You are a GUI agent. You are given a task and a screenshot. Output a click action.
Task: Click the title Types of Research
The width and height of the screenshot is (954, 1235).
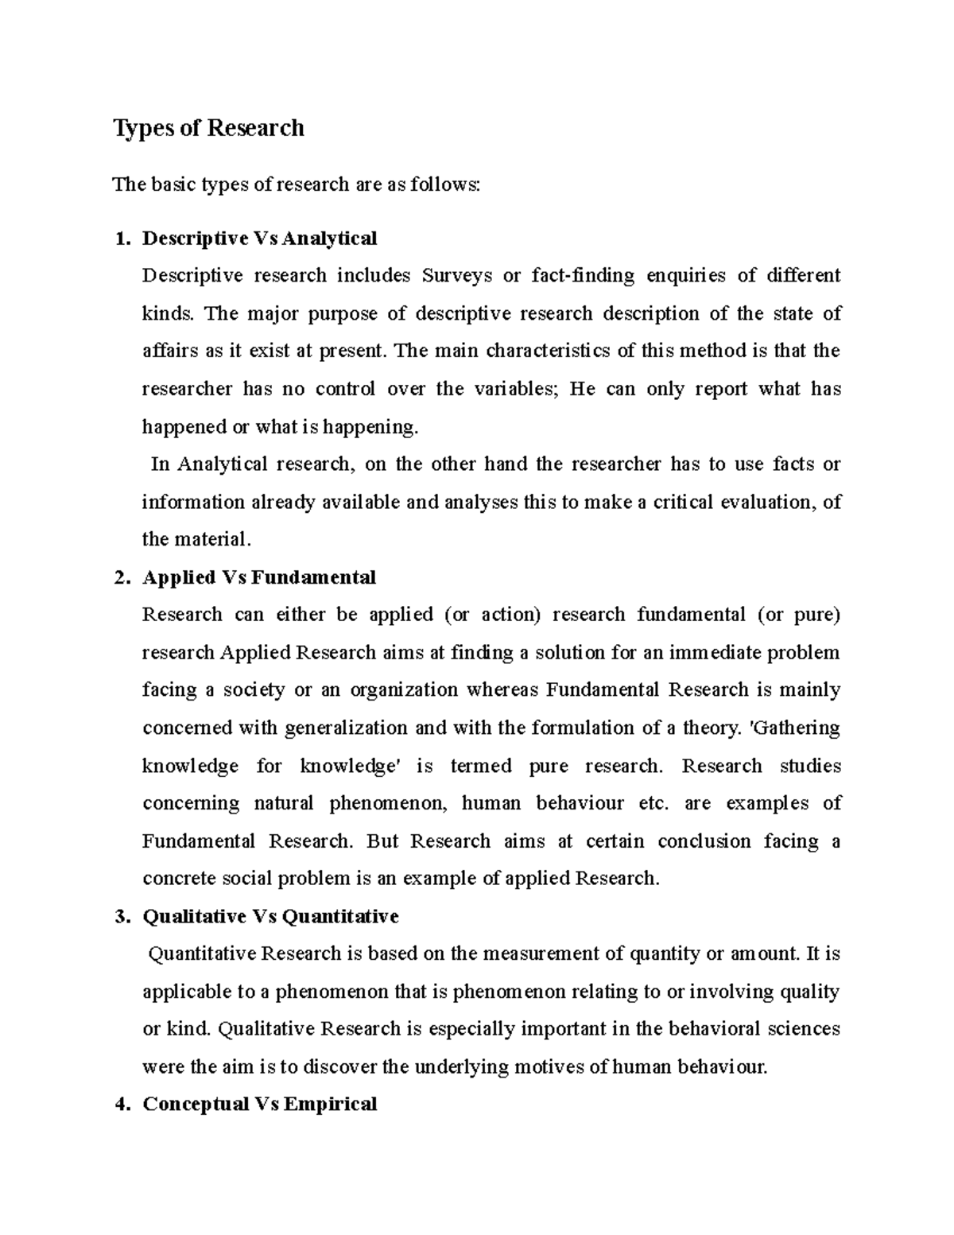pyautogui.click(x=208, y=128)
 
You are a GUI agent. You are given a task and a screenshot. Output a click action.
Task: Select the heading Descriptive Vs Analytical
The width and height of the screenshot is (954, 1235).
pyautogui.click(x=259, y=238)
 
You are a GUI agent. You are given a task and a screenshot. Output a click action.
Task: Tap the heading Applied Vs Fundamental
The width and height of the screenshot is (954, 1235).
pyautogui.click(x=258, y=577)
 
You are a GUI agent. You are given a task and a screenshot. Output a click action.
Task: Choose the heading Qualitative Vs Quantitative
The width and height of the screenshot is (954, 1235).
pyautogui.click(x=270, y=917)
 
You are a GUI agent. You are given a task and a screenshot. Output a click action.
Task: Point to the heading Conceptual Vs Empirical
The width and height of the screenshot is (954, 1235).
pyautogui.click(x=259, y=1105)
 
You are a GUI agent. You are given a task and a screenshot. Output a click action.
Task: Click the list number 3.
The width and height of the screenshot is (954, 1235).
pyautogui.click(x=121, y=917)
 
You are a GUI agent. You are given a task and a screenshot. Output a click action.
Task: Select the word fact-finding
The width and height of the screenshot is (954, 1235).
pyautogui.click(x=583, y=276)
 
